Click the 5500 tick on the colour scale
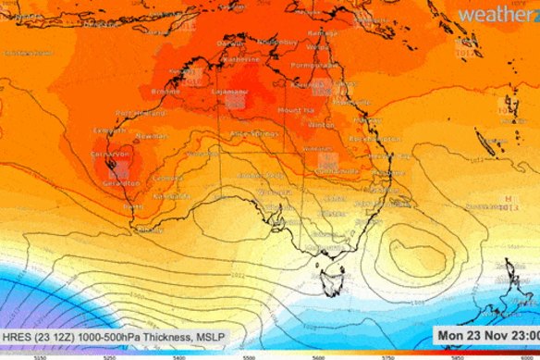point(249,355)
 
